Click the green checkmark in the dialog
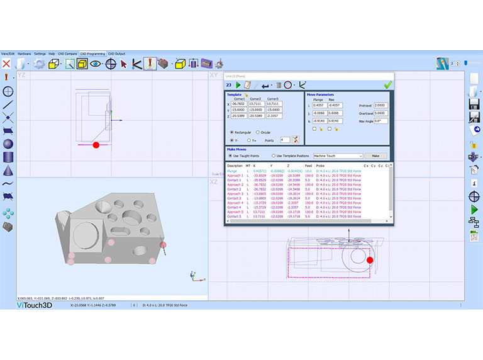(388, 84)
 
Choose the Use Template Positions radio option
(274, 155)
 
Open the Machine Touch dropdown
(338, 155)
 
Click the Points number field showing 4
(285, 140)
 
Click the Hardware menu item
(24, 53)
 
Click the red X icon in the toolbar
(6, 64)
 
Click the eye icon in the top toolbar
(96, 64)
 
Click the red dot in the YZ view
(96, 145)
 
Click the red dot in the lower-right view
(370, 259)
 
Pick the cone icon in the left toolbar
(8, 170)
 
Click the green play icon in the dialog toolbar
(238, 84)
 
